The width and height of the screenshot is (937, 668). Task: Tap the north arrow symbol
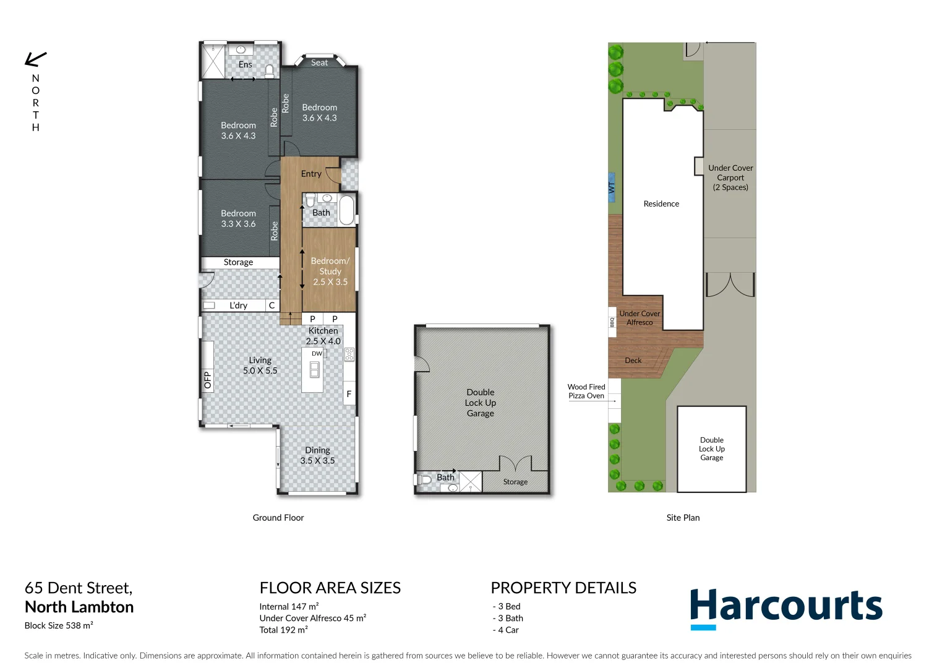pyautogui.click(x=35, y=59)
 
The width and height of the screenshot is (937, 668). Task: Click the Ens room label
pyautogui.click(x=246, y=64)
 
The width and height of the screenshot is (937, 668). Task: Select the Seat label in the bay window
pyautogui.click(x=319, y=62)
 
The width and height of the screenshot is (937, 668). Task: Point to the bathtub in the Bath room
pyautogui.click(x=346, y=210)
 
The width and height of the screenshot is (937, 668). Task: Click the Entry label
pyautogui.click(x=311, y=174)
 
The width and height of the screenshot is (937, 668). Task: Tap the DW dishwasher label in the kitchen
pyautogui.click(x=317, y=354)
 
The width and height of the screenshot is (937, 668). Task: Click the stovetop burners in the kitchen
pyautogui.click(x=349, y=354)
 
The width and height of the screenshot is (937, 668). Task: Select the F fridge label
pyautogui.click(x=349, y=394)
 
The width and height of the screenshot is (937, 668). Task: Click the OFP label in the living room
pyautogui.click(x=207, y=380)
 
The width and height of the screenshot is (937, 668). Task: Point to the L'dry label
pyautogui.click(x=238, y=306)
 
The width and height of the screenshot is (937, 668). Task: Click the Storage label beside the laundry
pyautogui.click(x=238, y=262)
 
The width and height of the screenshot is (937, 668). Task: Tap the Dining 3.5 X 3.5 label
pyautogui.click(x=317, y=455)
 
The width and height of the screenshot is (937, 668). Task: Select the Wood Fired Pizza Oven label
pyautogui.click(x=586, y=392)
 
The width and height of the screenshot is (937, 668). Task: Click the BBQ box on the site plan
pyautogui.click(x=612, y=322)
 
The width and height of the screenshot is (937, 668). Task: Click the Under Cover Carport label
pyautogui.click(x=730, y=178)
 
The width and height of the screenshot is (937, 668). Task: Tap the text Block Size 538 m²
pyautogui.click(x=59, y=625)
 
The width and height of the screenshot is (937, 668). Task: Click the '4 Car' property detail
pyautogui.click(x=508, y=630)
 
